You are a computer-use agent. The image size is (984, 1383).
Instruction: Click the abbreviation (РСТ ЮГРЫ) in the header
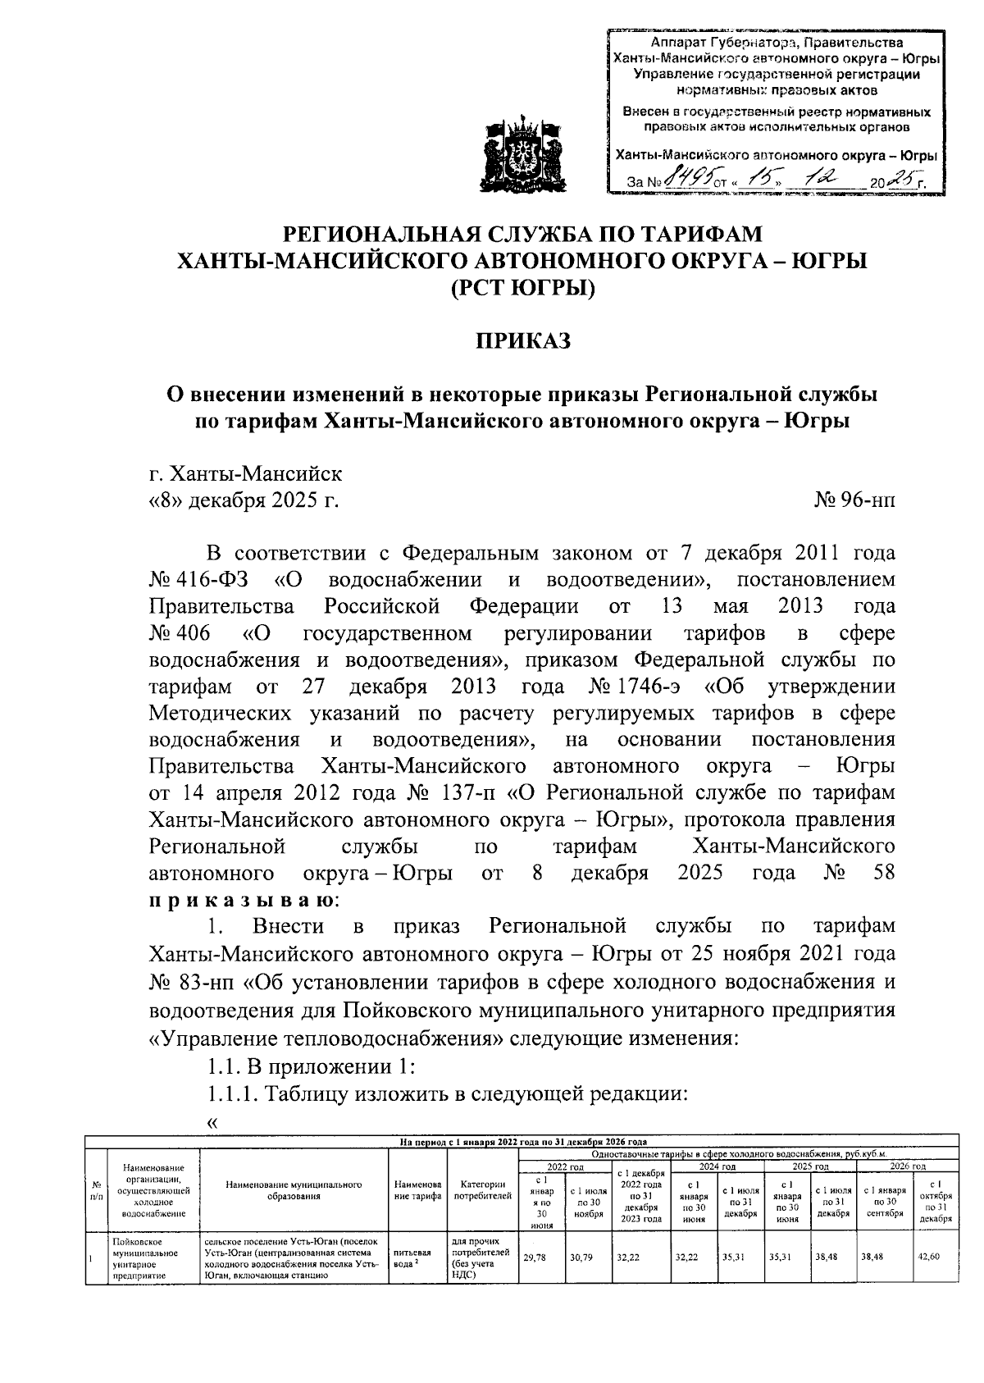pos(522,289)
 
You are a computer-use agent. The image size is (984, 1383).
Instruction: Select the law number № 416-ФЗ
pos(198,580)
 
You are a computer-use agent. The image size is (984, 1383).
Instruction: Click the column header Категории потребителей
pos(482,1189)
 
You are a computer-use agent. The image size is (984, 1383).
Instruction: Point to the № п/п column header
pos(97,1190)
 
